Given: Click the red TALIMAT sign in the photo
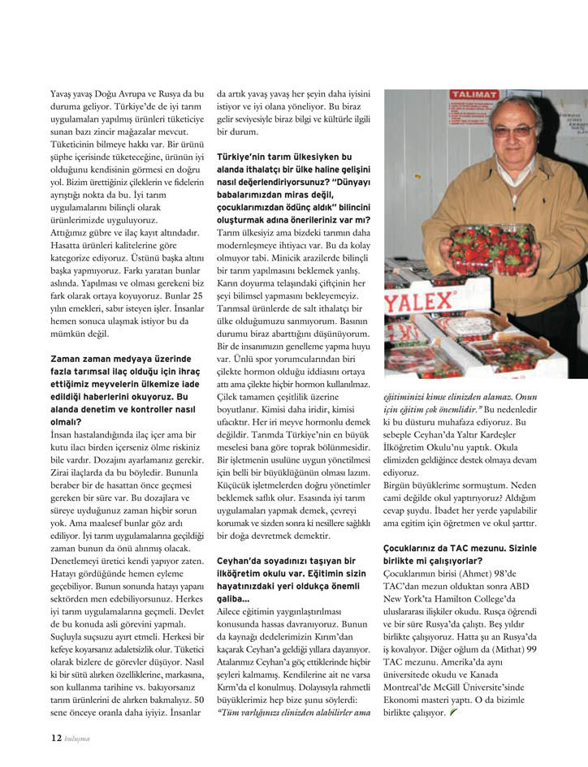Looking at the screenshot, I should tap(476, 95).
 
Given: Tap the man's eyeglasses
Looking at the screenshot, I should tap(514, 129).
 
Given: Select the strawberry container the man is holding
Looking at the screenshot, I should tap(493, 248).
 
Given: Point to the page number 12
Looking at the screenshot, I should tap(55, 737).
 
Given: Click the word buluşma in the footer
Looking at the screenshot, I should tap(77, 738).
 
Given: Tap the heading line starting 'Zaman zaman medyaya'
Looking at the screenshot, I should tap(120, 358).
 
